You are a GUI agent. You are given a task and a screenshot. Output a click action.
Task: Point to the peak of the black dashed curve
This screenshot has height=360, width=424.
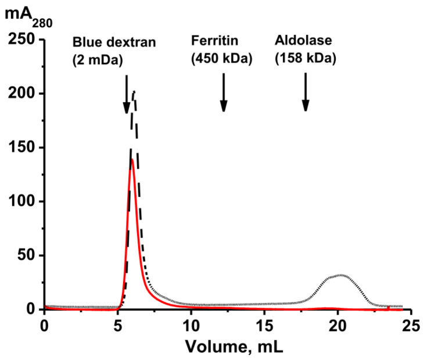click(134, 92)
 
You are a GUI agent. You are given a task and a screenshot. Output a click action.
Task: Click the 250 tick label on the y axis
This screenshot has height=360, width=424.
click(22, 40)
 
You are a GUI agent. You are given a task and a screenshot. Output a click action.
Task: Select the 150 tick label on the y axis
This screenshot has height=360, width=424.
click(22, 147)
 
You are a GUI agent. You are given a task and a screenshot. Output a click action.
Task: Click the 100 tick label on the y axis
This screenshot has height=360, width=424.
click(22, 201)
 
